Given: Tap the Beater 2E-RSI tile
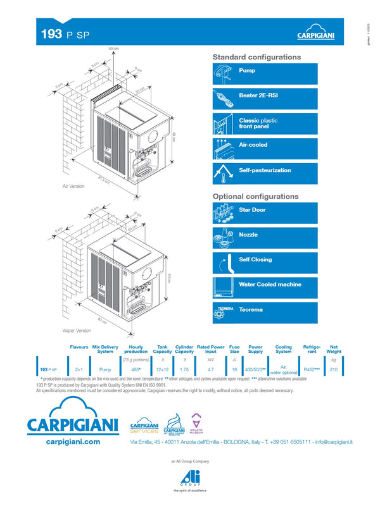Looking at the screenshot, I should (265, 98).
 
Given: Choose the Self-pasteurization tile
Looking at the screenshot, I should (265, 173).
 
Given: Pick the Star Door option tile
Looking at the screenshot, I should (265, 211).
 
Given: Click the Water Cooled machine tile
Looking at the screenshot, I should (265, 285).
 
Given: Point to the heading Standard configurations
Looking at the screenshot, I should (256, 57).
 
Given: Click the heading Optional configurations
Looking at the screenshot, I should (255, 196).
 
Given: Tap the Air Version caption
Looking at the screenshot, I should (73, 187).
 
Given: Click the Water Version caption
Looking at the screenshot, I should (77, 330).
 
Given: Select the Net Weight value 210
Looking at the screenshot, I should (334, 368).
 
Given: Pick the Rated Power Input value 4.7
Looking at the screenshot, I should (211, 368).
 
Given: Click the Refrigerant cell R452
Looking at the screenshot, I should (312, 368).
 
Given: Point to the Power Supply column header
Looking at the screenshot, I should (255, 349).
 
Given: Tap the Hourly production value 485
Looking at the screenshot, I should (135, 368).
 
